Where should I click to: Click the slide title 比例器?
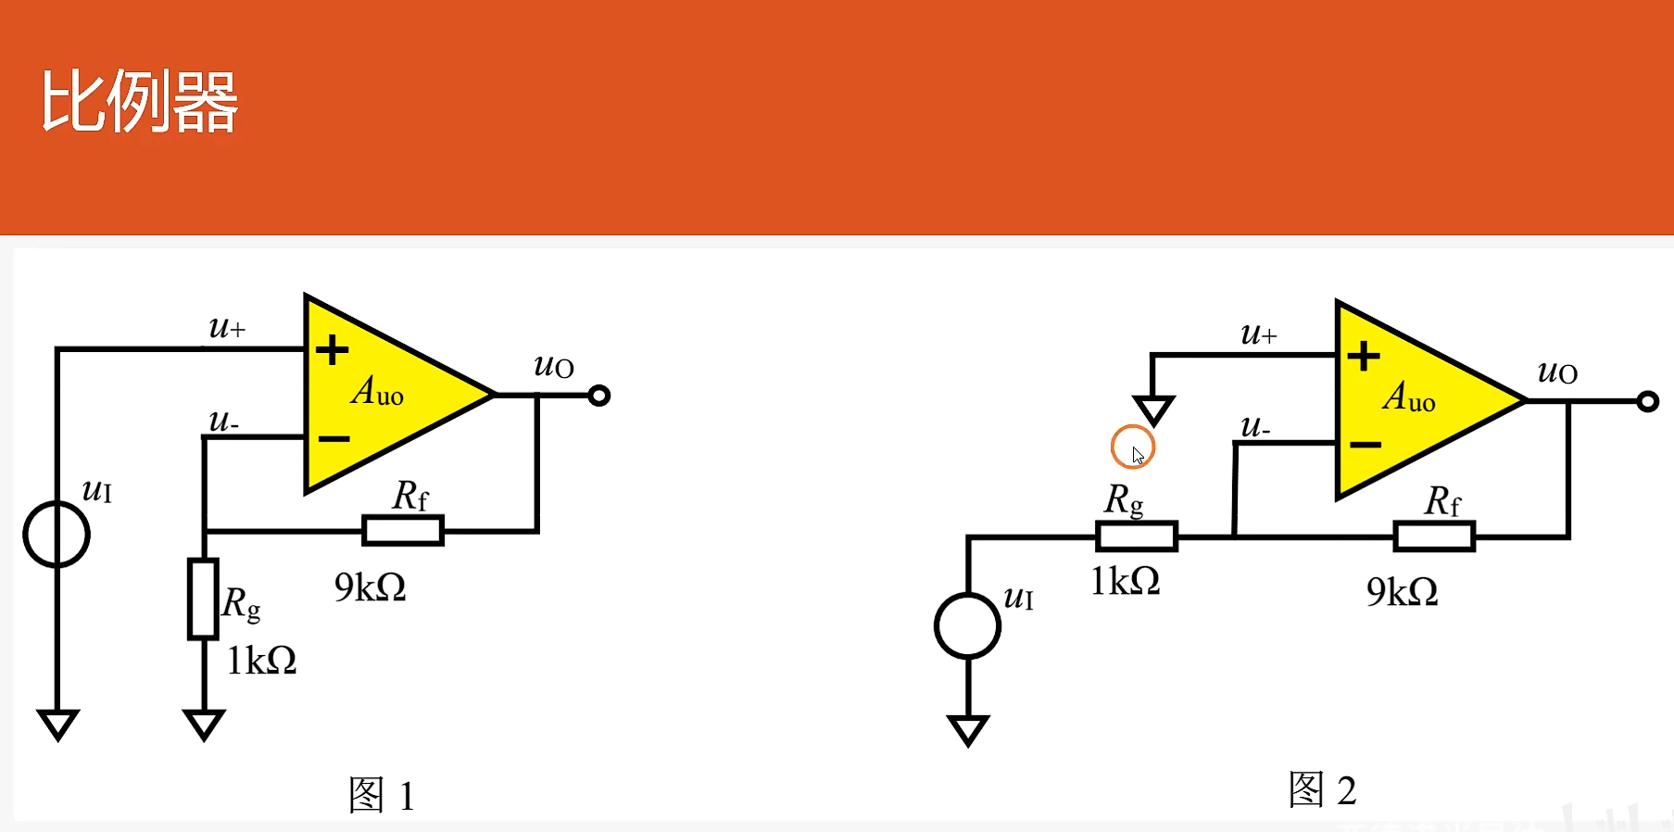tap(139, 102)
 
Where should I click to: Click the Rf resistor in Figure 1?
tap(403, 531)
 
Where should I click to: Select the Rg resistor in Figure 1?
tap(203, 599)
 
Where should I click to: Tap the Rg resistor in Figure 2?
tap(1136, 536)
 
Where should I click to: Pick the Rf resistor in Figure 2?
tap(1434, 536)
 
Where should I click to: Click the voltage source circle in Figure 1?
tap(57, 535)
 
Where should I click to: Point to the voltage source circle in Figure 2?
tap(967, 626)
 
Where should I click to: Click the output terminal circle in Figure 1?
tap(599, 396)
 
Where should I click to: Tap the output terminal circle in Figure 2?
tap(1647, 401)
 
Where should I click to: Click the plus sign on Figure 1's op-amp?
tap(332, 350)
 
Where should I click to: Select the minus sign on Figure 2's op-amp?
tap(1365, 446)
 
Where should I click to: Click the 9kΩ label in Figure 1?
tap(370, 587)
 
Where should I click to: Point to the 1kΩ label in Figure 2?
tap(1125, 582)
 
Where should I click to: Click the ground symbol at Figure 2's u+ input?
tap(1153, 409)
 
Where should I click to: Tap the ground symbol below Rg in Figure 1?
tap(204, 723)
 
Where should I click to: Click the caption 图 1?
tap(381, 795)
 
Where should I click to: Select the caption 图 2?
tap(1322, 790)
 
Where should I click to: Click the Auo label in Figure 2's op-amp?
tap(1409, 397)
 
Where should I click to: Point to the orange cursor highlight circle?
tap(1132, 448)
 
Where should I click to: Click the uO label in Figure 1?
tap(554, 367)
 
